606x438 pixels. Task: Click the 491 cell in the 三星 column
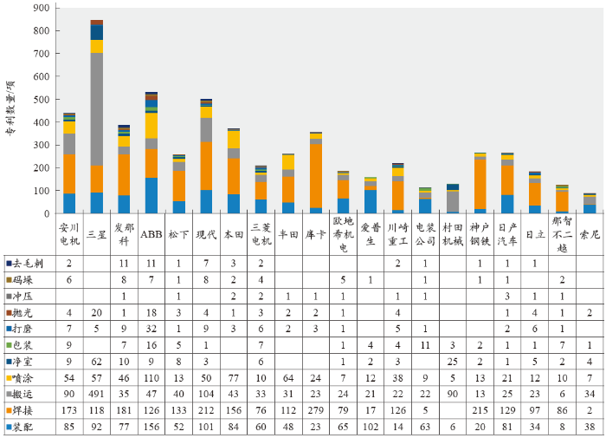click(x=97, y=395)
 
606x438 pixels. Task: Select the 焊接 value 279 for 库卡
click(x=316, y=411)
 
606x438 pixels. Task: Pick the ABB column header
click(x=151, y=234)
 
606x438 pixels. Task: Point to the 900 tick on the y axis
click(x=42, y=8)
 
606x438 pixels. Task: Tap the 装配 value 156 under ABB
click(x=151, y=427)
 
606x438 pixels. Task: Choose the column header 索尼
click(x=590, y=234)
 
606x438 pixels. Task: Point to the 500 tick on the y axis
click(x=42, y=100)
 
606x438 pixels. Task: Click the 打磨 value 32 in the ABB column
click(x=151, y=329)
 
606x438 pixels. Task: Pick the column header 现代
click(x=206, y=234)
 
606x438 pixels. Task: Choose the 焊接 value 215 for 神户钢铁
click(x=480, y=411)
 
